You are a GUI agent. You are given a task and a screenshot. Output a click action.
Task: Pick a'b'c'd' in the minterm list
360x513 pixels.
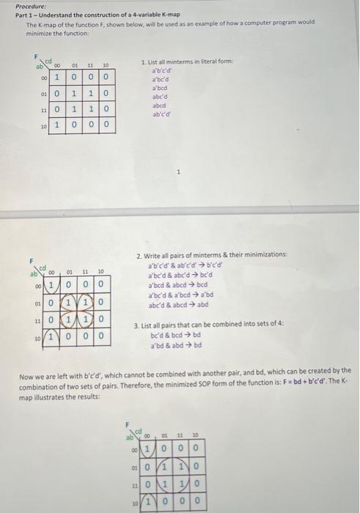coord(161,71)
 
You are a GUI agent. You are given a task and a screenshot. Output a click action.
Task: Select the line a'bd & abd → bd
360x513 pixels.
coord(176,345)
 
